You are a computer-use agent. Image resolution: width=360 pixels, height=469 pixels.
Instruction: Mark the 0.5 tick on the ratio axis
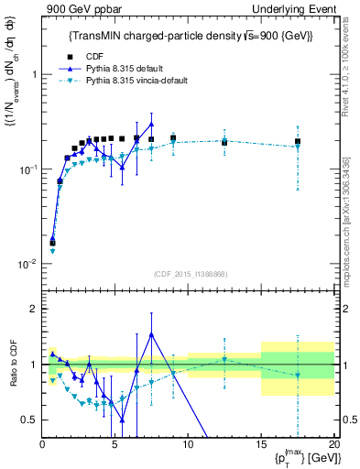tap(27, 420)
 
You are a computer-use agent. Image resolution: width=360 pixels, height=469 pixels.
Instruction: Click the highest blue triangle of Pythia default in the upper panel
tap(151, 124)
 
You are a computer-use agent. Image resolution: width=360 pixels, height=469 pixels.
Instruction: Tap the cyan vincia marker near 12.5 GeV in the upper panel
tap(224, 140)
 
